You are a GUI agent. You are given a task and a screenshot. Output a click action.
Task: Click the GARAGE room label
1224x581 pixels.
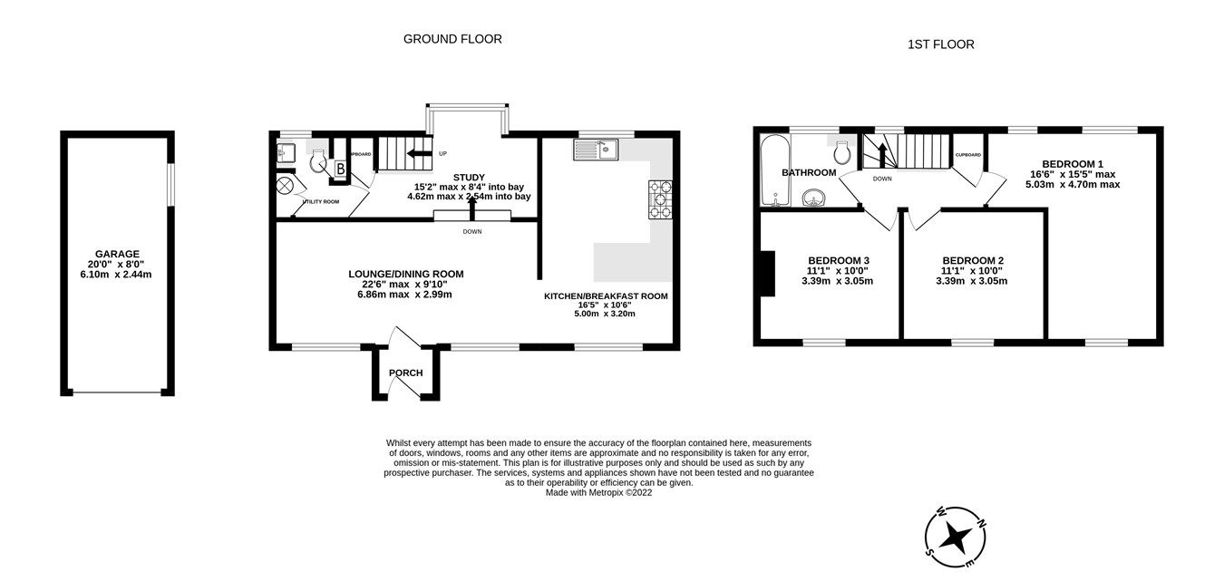click(x=117, y=254)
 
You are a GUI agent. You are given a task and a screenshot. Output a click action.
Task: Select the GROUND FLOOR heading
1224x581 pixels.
click(x=452, y=39)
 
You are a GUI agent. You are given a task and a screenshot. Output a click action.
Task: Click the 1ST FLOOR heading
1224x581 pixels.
click(x=940, y=44)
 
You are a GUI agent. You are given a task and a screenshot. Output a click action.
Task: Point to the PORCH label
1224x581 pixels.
click(x=405, y=373)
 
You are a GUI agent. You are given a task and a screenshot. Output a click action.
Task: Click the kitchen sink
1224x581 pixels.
click(x=595, y=150)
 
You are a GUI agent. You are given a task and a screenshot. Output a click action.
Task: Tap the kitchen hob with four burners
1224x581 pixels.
click(x=659, y=200)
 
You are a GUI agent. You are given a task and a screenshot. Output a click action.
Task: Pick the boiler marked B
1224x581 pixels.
click(x=340, y=169)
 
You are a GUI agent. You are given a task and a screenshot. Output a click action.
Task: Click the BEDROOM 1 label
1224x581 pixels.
click(x=1073, y=164)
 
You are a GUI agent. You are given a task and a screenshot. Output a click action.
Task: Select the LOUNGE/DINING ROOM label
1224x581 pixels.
click(x=406, y=274)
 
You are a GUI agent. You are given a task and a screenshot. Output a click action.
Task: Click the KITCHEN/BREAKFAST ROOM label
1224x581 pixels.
click(x=606, y=296)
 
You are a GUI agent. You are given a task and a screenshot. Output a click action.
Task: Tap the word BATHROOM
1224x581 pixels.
click(x=809, y=173)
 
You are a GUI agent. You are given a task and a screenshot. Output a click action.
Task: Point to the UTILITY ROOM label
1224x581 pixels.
click(x=321, y=201)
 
